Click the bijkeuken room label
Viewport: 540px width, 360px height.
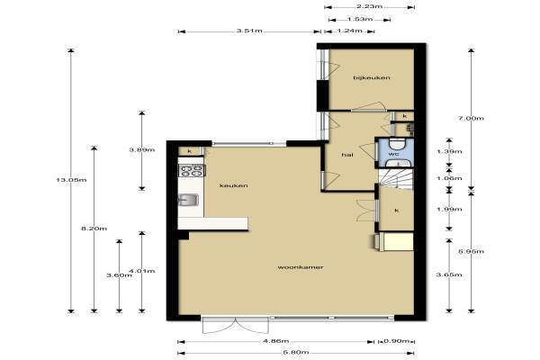(x=372, y=77)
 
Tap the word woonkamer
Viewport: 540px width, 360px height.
(x=301, y=267)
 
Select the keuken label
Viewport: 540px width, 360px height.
(x=234, y=185)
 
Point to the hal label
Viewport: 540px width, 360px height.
(x=347, y=155)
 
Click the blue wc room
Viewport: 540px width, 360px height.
(x=395, y=153)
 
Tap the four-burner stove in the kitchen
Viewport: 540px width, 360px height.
(x=192, y=171)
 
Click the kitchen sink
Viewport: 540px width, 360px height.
(x=188, y=200)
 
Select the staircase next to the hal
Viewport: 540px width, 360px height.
(x=396, y=179)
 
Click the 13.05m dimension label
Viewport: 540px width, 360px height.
(x=71, y=180)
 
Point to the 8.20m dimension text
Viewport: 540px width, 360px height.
(x=94, y=229)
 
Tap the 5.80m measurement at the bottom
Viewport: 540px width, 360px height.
(x=296, y=353)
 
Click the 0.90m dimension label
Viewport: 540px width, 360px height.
(x=397, y=341)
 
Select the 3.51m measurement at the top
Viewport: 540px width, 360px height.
(x=249, y=31)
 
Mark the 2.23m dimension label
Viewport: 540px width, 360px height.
(x=370, y=6)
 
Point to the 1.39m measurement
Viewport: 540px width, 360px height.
(x=449, y=151)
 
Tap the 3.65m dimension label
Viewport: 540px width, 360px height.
(x=449, y=274)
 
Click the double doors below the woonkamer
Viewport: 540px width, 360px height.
(x=235, y=326)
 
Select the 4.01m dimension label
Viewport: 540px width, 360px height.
(x=142, y=271)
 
